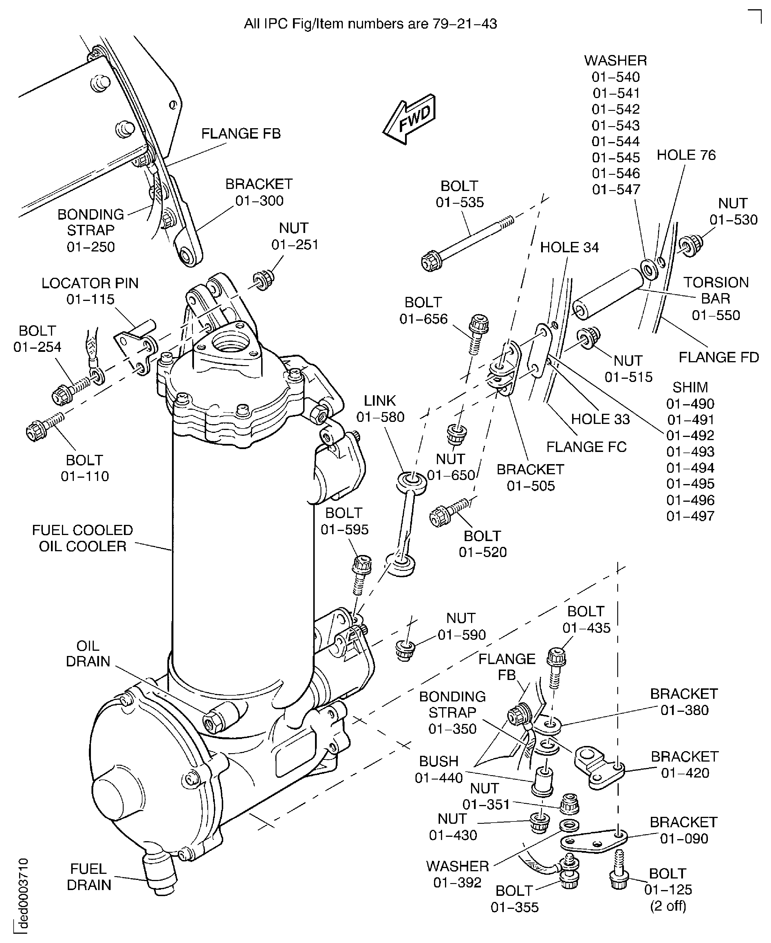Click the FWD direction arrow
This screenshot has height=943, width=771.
(409, 120)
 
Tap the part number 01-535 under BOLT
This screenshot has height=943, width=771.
(460, 202)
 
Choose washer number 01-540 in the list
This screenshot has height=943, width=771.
(616, 77)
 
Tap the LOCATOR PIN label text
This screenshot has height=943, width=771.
(90, 283)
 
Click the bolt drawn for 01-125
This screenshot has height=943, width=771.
(619, 872)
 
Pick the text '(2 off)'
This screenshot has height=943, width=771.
(668, 906)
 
